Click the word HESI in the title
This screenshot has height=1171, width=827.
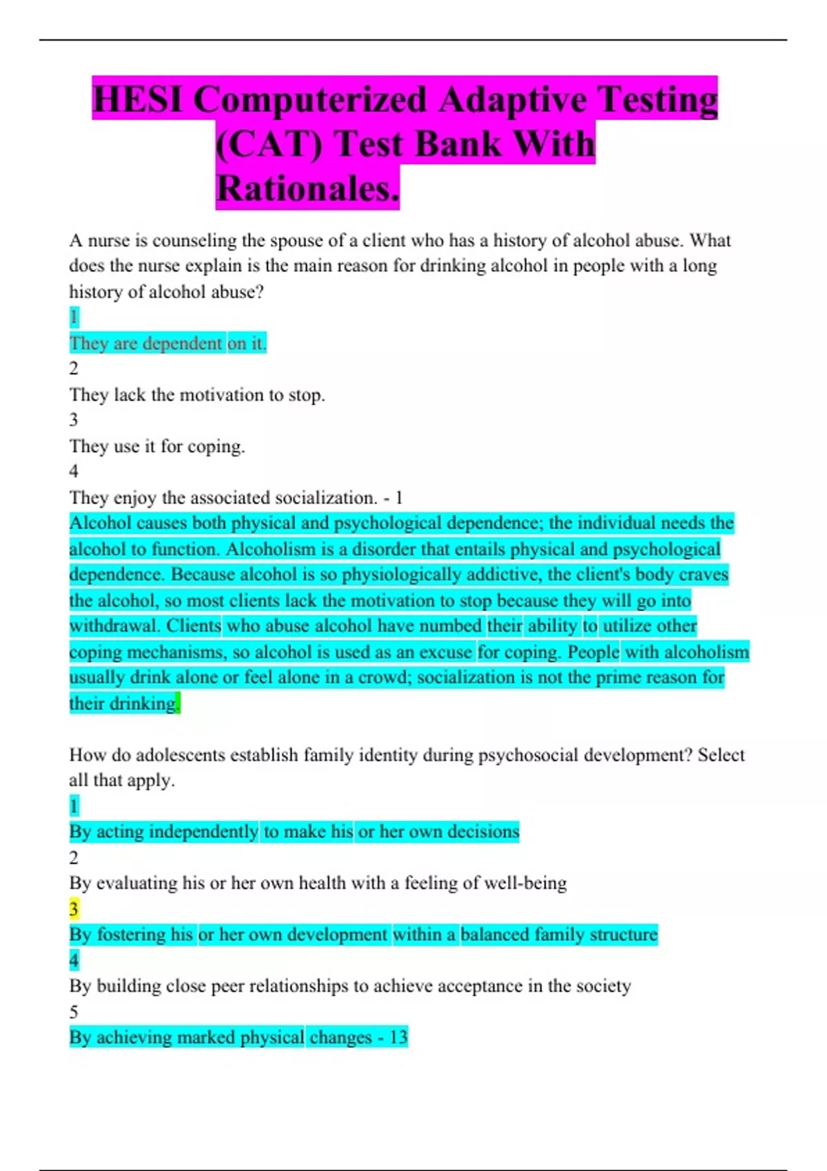pos(139,99)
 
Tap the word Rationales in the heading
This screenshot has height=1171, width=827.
pos(307,189)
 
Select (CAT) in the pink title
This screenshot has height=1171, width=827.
pos(268,145)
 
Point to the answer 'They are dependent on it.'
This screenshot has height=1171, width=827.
pos(167,343)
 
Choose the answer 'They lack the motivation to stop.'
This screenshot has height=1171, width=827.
pos(196,395)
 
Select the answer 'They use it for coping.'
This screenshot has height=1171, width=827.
pos(157,446)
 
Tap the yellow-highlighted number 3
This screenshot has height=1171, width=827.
pos(74,909)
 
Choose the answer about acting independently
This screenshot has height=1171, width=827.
pos(294,831)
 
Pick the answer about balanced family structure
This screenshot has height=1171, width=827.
pos(363,935)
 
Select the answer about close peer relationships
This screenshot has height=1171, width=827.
pos(349,986)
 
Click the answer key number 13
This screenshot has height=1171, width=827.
pos(398,1037)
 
